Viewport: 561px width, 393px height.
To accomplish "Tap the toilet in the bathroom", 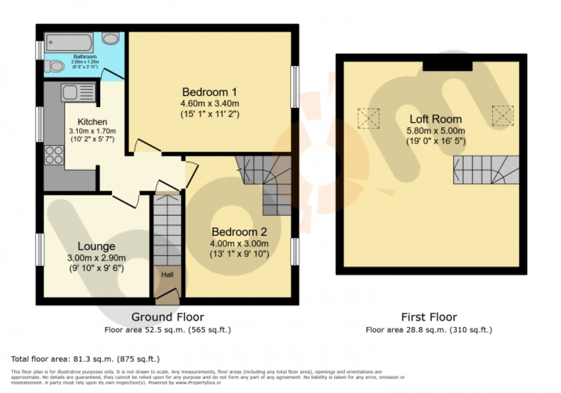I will (55, 66).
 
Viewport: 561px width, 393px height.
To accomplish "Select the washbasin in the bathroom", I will (111, 38).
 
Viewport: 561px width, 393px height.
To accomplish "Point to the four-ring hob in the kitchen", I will (54, 154).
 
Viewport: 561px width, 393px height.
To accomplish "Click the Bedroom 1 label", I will (210, 92).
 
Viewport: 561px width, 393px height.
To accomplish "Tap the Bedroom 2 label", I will (239, 232).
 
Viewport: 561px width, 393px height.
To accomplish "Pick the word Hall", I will (167, 275).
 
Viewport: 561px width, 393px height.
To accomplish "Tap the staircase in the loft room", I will (488, 168).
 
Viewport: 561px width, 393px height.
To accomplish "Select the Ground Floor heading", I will (168, 317).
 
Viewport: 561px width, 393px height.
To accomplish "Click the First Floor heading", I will (429, 317).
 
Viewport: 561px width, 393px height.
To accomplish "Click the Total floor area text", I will (85, 359).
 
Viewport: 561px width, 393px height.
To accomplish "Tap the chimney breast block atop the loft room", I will (448, 64).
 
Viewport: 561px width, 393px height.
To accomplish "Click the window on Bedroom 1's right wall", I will (295, 87).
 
